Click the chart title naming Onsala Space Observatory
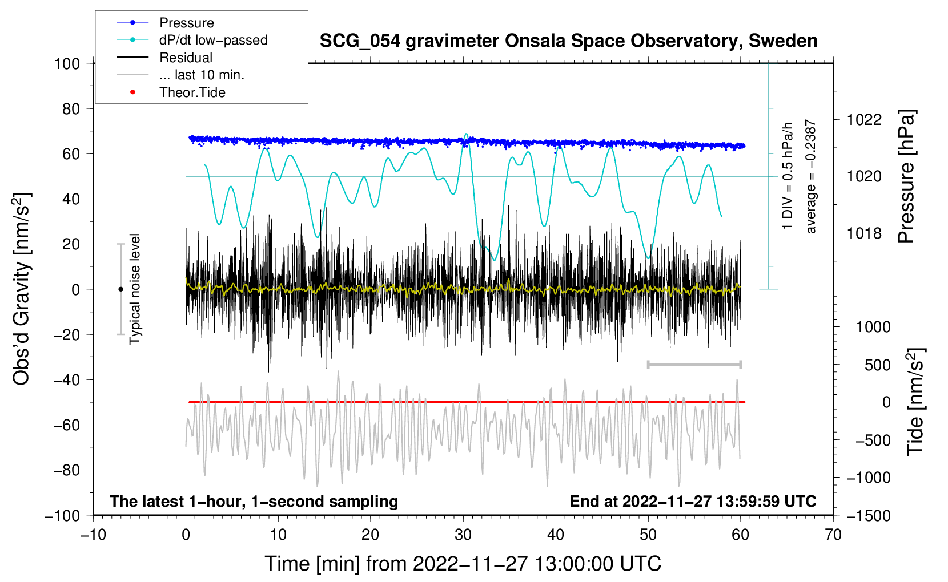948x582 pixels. tap(568, 41)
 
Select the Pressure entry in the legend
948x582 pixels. tap(186, 23)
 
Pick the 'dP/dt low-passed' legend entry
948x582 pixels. tap(213, 40)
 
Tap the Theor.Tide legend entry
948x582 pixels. tap(192, 92)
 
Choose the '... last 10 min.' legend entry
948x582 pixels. tap(202, 75)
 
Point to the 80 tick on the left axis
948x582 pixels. tap(71, 108)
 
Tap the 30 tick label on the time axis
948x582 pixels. tap(463, 535)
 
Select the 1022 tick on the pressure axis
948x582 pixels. tap(864, 120)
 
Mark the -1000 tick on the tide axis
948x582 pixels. tap(869, 478)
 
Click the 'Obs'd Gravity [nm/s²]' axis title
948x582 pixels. tap(21, 289)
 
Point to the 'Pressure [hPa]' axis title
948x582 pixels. tap(906, 177)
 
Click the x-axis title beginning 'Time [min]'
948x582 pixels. tap(463, 564)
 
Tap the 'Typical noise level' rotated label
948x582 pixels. tap(135, 289)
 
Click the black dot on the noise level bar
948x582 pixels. tap(120, 289)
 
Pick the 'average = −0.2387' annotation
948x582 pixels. tap(811, 177)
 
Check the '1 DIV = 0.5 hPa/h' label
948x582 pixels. tap(788, 176)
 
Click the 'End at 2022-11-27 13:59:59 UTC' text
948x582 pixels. tap(693, 501)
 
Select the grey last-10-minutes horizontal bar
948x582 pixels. tap(694, 365)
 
